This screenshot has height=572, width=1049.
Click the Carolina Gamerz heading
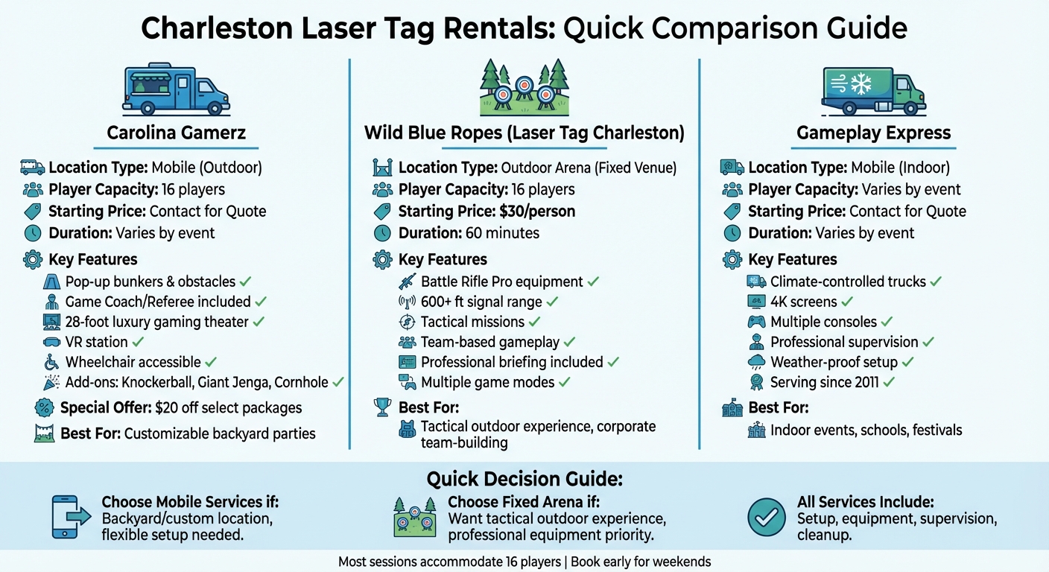tap(177, 133)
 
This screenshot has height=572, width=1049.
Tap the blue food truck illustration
tap(176, 89)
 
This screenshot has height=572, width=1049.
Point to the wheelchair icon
tap(51, 363)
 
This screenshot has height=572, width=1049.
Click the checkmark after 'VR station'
tap(139, 343)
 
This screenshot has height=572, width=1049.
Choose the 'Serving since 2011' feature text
tap(824, 383)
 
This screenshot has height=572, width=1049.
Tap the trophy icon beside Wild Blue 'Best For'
tap(382, 407)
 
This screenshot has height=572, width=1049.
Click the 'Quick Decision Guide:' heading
tap(524, 479)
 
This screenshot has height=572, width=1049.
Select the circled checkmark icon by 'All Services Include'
tap(767, 517)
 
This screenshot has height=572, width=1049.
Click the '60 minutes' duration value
tap(501, 233)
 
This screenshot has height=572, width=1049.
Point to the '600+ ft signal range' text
tap(481, 302)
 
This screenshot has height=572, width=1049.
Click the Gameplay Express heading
tap(873, 133)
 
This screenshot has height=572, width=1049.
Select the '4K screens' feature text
tap(803, 302)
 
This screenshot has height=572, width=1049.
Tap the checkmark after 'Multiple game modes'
tap(565, 383)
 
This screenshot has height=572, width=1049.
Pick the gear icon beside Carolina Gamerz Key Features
tap(32, 260)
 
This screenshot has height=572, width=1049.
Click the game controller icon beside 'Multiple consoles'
tap(756, 322)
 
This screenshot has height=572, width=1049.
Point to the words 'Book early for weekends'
tap(641, 562)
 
